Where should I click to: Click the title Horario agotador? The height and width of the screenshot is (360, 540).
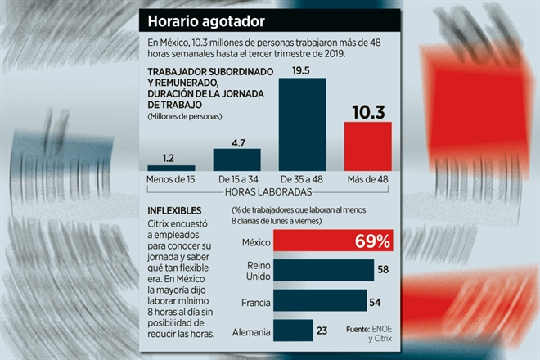(x=206, y=21)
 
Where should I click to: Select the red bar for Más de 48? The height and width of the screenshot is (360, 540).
(x=368, y=146)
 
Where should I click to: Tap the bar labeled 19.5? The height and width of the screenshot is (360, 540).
(x=303, y=124)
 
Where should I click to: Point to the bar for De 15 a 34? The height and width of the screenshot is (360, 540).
(x=237, y=160)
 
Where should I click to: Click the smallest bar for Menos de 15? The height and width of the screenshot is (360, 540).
(x=171, y=168)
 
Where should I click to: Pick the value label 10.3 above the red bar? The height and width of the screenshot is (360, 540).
(x=368, y=112)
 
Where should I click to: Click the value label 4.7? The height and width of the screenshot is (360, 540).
(x=238, y=143)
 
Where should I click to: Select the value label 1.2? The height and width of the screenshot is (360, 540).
(x=168, y=159)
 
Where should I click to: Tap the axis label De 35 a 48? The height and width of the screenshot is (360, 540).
(x=302, y=179)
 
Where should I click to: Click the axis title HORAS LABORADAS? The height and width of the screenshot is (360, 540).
(x=268, y=192)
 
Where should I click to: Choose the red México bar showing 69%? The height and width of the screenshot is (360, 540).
(x=333, y=240)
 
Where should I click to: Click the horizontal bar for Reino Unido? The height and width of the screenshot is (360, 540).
(x=324, y=271)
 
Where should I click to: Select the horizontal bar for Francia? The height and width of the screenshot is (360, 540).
(x=320, y=300)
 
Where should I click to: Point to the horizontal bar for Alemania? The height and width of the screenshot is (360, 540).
(x=294, y=331)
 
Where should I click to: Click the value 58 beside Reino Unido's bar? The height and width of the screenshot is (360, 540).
(x=383, y=269)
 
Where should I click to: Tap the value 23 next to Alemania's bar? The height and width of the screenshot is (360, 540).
(x=322, y=331)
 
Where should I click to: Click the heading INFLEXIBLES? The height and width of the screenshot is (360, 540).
(x=174, y=210)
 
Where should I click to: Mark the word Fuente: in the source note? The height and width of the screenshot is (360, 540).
(x=358, y=330)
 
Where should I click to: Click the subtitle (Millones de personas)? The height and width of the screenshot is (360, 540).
(x=185, y=116)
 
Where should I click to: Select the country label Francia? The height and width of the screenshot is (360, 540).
(x=256, y=303)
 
